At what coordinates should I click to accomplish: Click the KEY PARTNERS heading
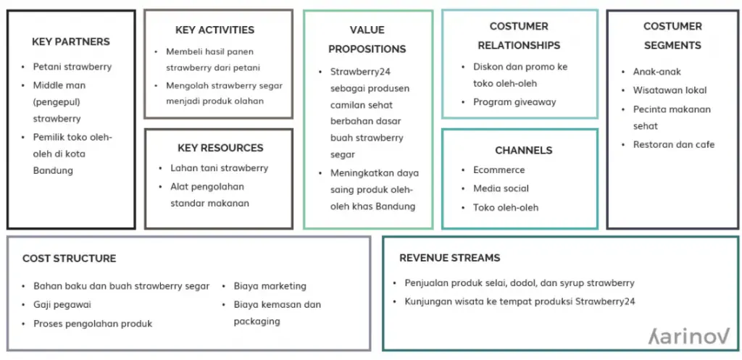71,41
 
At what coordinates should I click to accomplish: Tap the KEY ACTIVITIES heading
214,30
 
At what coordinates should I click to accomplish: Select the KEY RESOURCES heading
220,148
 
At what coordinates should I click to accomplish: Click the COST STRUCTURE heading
69,259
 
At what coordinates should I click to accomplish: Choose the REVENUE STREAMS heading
449,258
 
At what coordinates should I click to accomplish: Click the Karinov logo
689,336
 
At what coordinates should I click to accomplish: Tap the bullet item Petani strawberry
72,67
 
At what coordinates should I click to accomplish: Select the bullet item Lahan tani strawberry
220,168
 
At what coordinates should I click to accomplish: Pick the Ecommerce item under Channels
499,169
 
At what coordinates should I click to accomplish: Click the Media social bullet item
501,188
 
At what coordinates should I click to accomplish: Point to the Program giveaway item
515,101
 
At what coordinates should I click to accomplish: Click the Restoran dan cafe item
674,145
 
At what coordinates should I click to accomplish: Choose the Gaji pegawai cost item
62,305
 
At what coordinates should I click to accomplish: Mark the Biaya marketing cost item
270,286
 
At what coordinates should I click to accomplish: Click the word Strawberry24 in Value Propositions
360,72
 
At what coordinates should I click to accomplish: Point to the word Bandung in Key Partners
53,171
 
